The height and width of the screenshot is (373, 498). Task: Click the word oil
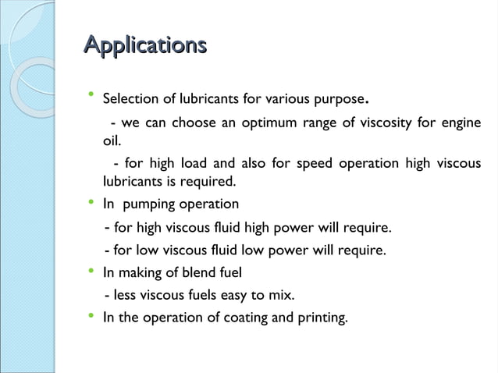[x=112, y=142]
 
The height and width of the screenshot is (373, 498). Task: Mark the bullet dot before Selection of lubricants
[x=90, y=97]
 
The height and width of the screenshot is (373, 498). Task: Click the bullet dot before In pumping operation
[x=90, y=202]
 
